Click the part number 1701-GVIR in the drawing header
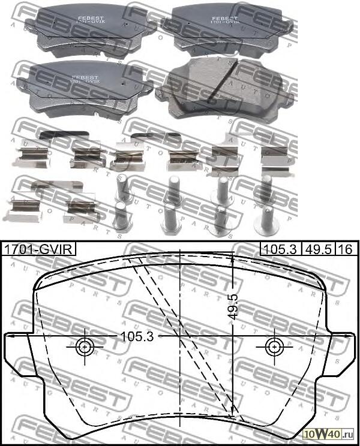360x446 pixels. click(38, 249)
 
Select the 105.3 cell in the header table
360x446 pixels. click(276, 249)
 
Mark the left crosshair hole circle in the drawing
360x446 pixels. click(85, 346)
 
